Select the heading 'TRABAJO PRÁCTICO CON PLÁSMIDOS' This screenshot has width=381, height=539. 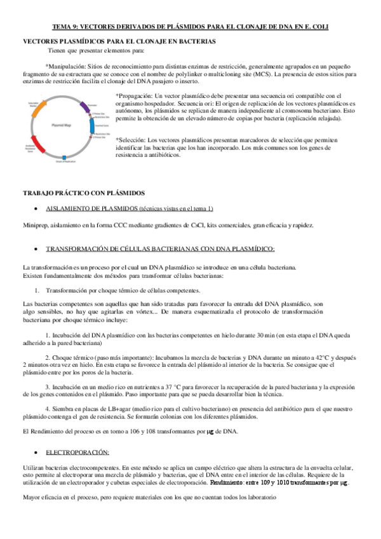[x=84, y=193]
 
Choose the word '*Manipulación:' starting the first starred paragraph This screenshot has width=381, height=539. [x=64, y=65]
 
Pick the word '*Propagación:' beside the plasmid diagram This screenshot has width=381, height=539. [x=135, y=95]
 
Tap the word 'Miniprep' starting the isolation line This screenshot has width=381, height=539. [x=35, y=226]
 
